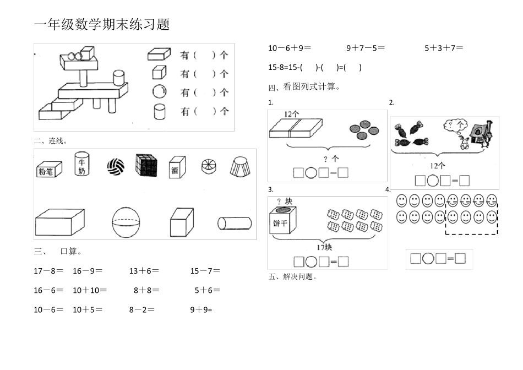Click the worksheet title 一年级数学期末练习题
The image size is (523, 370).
(x=102, y=25)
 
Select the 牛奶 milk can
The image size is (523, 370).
(x=81, y=164)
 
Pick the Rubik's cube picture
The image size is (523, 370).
(x=146, y=165)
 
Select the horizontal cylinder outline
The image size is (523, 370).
(x=235, y=223)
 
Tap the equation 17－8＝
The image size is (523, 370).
(x=48, y=271)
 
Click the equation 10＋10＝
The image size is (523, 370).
(x=90, y=290)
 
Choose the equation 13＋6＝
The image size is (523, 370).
(x=144, y=271)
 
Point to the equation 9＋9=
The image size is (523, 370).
(x=201, y=309)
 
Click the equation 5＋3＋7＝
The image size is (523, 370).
(x=444, y=48)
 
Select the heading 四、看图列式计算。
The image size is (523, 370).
(x=304, y=87)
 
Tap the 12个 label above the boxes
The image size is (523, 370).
(x=292, y=114)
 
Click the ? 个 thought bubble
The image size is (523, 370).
(x=455, y=126)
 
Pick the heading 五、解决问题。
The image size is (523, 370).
(x=293, y=277)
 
